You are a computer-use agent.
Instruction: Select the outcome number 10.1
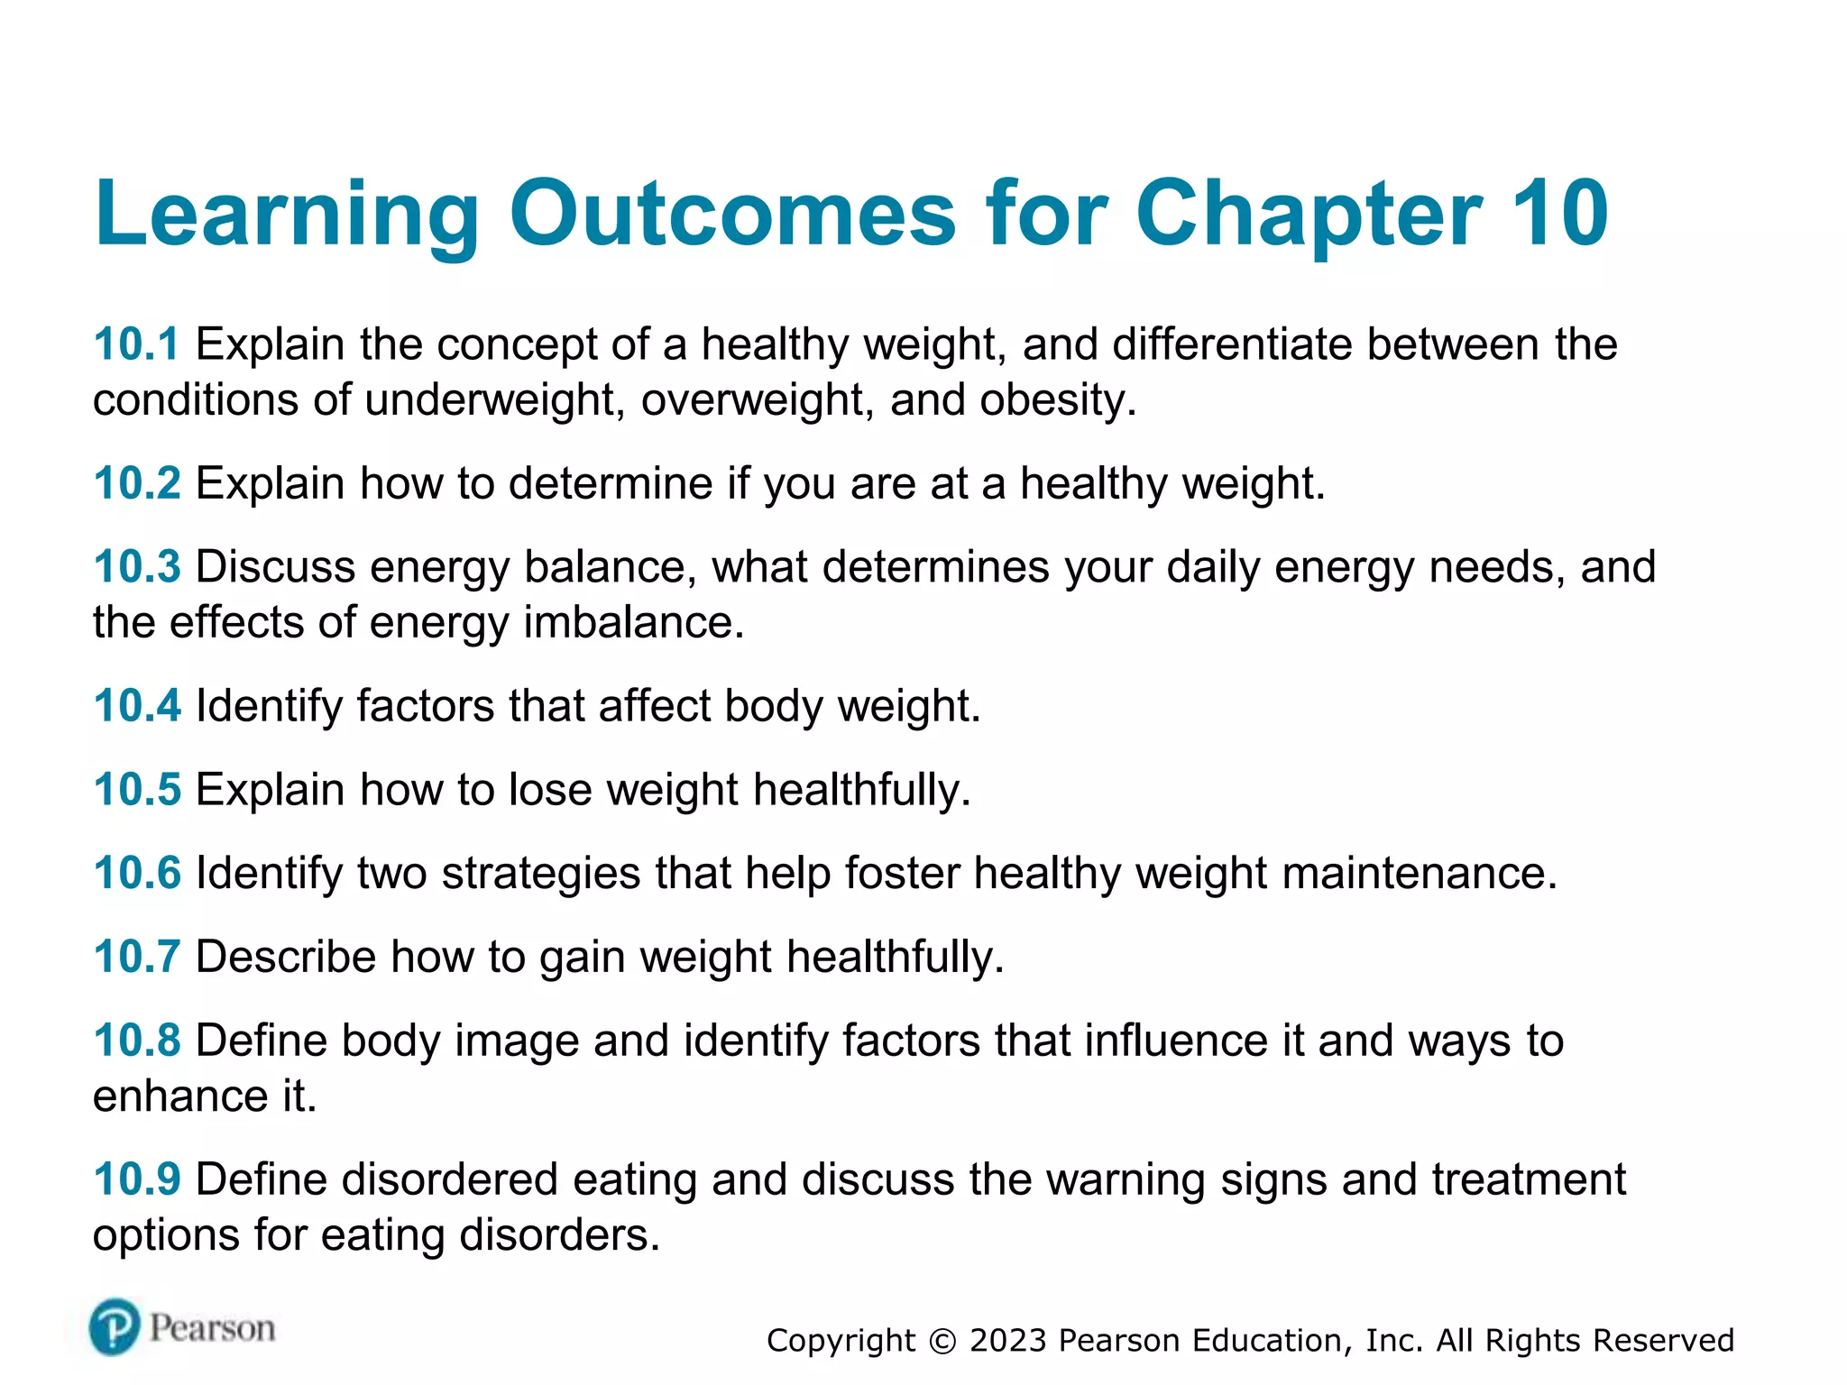[137, 344]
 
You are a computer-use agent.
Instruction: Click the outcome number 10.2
[137, 483]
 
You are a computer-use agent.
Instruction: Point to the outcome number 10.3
[137, 567]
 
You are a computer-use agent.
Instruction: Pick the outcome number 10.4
[137, 706]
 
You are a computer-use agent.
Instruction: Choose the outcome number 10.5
[137, 790]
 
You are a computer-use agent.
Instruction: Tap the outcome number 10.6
[137, 874]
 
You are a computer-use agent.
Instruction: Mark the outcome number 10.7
[137, 957]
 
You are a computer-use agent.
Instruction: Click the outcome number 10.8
[137, 1041]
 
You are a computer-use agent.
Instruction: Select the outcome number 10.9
[137, 1179]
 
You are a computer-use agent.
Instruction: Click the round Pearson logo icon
[115, 1327]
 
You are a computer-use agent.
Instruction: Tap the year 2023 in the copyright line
[1007, 1341]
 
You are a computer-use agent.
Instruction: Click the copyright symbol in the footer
[942, 1342]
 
